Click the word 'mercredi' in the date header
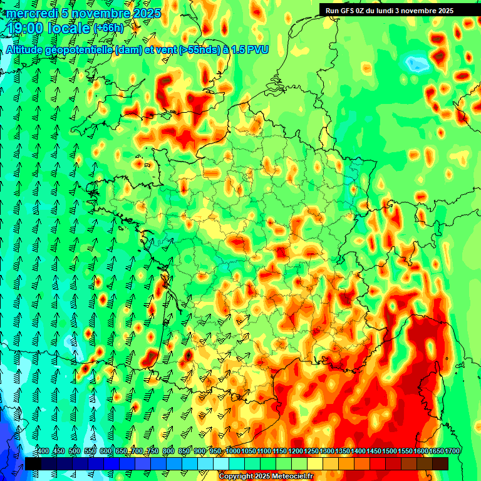29,13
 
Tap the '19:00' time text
27,28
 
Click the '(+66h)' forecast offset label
108,28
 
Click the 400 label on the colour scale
43,452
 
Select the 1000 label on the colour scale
232,452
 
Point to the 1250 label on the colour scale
311,452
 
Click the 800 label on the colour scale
168,452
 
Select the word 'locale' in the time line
70,28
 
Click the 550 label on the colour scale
90,452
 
